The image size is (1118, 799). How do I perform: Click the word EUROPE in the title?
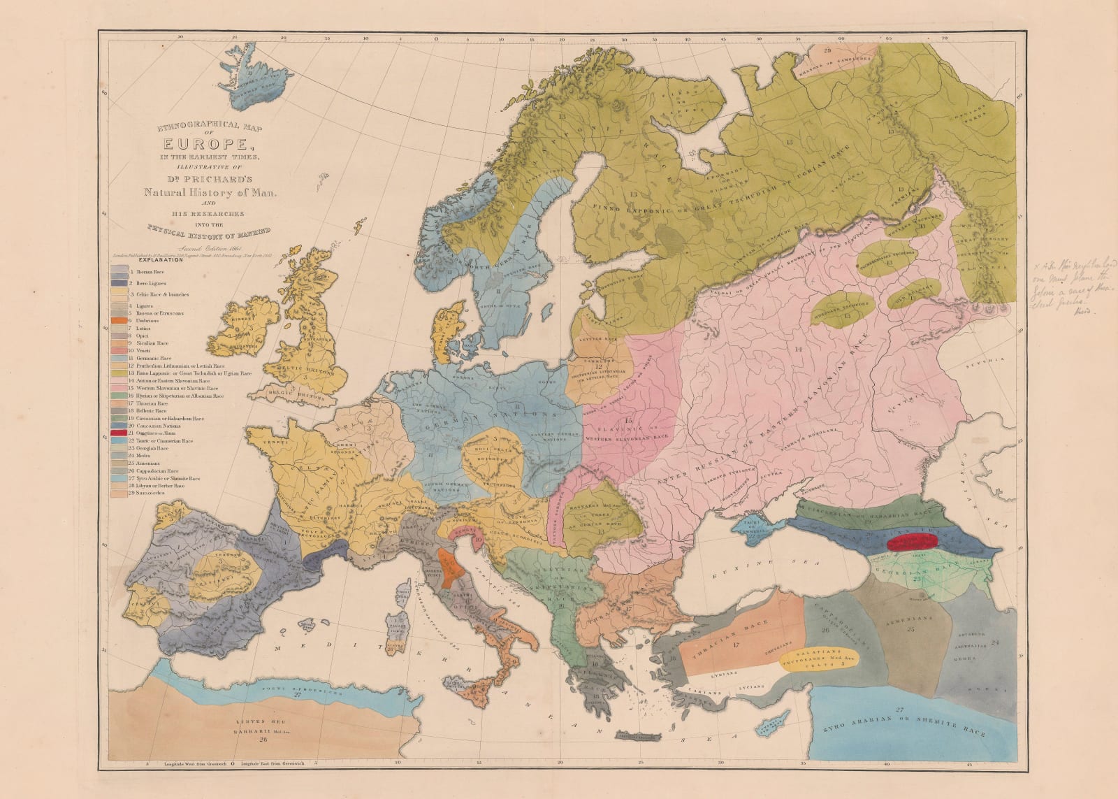click(197, 145)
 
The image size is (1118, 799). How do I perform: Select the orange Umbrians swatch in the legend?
click(117, 319)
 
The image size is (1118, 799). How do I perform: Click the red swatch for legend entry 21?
click(117, 433)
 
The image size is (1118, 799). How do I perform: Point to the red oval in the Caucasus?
click(911, 542)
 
